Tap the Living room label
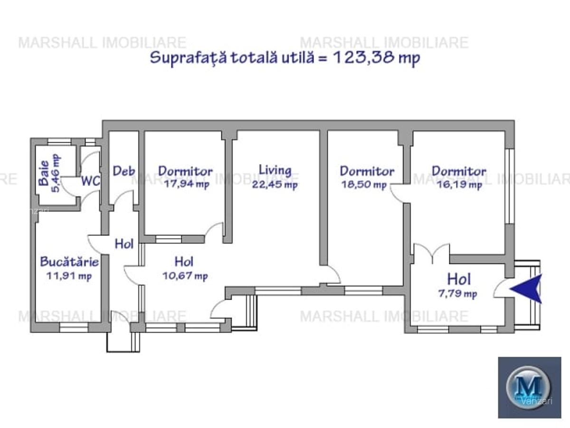coord(275,170)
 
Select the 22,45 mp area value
coord(275,185)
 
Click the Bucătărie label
coord(69,262)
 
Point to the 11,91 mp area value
coord(69,275)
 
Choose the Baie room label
coord(44,176)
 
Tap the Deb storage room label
coord(123,171)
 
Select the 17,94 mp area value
coord(186,185)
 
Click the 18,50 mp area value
coord(364,185)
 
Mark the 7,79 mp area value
coord(457,294)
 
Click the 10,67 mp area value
coord(185,276)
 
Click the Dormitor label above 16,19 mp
coord(459,171)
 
